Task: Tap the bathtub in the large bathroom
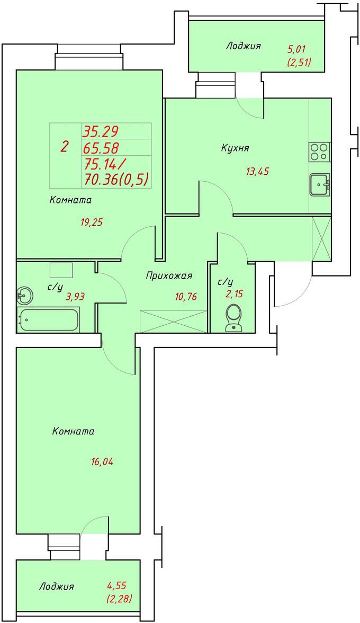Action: point(48,319)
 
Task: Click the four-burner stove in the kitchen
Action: point(320,152)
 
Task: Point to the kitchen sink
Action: point(320,185)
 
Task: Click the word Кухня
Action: point(235,148)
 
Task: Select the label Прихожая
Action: point(169,275)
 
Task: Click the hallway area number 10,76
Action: point(185,296)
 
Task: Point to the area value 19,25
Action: point(92,222)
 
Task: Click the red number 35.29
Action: point(101,131)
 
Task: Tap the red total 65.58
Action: point(101,148)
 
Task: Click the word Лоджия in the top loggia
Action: point(244,46)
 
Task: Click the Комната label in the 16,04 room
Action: point(73,431)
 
